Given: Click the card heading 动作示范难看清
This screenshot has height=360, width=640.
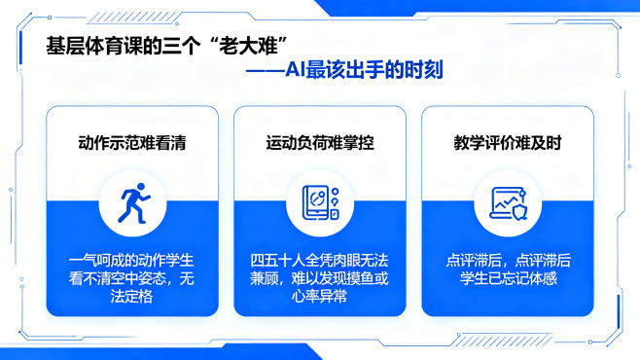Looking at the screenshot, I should pos(131,142).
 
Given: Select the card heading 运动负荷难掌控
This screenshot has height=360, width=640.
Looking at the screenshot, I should pos(320,142).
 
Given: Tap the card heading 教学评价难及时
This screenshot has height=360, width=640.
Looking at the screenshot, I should pos(507,142).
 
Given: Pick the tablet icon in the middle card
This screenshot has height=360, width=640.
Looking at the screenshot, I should pos(320,204).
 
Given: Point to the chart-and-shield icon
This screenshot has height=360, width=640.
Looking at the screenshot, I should pos(507,204).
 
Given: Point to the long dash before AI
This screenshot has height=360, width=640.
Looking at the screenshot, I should pos(264,70).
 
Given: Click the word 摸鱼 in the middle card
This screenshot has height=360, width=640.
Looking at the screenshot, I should pos(358,278).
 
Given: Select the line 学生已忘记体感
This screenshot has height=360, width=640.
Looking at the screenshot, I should pos(507,278).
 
